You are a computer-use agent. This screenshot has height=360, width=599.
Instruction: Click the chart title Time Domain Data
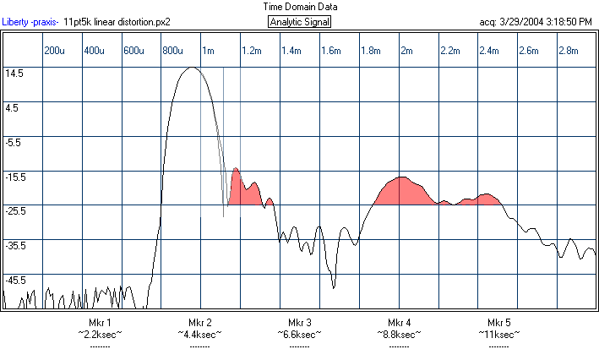pos(299,6)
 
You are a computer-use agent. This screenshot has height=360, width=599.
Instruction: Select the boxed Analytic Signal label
pos(299,21)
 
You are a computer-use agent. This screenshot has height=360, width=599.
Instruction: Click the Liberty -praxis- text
pos(30,21)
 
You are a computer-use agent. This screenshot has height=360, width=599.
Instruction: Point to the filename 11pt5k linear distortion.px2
pos(112,21)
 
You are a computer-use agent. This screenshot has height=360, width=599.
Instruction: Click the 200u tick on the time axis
pos(54,52)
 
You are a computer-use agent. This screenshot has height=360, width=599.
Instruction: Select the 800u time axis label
pos(172,52)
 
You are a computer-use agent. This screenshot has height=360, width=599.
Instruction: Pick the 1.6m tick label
pos(330,52)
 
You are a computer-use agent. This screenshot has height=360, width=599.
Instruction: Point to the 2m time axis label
pos(406,52)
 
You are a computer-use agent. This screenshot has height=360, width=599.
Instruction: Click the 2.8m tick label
pos(569,52)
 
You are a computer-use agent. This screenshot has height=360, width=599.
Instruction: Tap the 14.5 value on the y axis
pos(14,74)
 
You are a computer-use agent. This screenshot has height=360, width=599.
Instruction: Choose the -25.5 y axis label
pos(14,211)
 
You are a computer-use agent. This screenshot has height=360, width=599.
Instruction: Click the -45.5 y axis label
pos(14,280)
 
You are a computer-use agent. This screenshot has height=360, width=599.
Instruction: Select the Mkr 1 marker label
pos(100,323)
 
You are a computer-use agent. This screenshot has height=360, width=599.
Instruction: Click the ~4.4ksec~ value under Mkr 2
pos(199,335)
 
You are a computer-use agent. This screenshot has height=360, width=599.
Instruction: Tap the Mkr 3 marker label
pos(300,323)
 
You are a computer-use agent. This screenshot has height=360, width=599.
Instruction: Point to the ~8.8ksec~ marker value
pos(400,335)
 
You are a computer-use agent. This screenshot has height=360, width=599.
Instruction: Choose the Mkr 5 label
pos(499,323)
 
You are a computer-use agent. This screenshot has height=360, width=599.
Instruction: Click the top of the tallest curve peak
pos(191,68)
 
